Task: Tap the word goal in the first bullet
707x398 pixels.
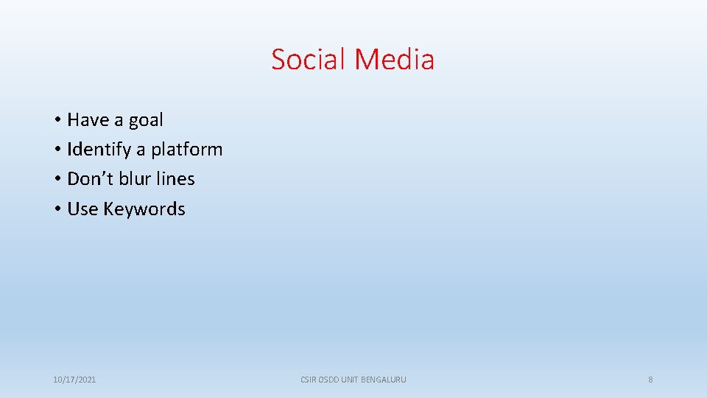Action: (x=146, y=120)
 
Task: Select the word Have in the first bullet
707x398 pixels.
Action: (x=88, y=119)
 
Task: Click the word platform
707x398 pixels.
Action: (x=186, y=150)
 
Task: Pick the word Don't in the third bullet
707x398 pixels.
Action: (x=90, y=178)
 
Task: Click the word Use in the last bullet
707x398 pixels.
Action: (x=82, y=209)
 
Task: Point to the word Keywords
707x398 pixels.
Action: (x=144, y=209)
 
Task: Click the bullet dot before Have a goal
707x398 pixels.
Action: (x=57, y=120)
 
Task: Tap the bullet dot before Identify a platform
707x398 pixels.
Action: (x=57, y=150)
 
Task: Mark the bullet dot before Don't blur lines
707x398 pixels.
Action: (x=57, y=179)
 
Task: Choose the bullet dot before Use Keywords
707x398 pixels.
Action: (x=57, y=209)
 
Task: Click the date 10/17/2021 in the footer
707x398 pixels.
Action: (x=74, y=380)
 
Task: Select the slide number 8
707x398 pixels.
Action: (x=650, y=380)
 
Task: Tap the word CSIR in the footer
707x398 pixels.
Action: (x=309, y=380)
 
